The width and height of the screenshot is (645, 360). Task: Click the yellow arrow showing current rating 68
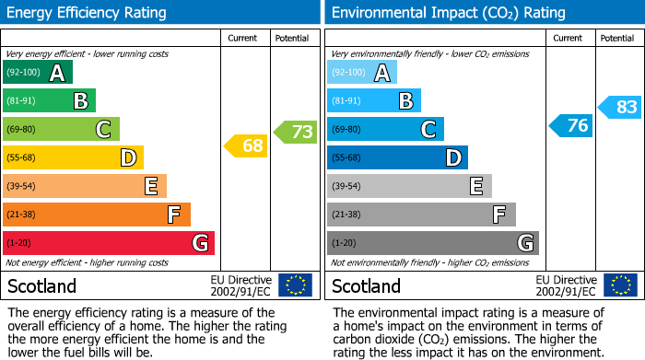246,145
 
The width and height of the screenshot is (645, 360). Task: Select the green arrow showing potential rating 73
296,132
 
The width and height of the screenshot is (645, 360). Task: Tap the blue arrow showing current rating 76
570,125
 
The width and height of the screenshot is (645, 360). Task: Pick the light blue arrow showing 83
620,107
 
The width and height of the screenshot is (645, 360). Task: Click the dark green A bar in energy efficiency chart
38,72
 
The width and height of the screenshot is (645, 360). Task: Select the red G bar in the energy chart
109,243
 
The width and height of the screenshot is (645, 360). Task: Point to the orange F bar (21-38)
97,215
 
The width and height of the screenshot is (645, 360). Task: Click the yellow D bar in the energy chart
73,157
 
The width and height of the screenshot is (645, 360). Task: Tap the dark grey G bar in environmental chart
432,243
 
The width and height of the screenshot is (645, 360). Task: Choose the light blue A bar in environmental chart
362,72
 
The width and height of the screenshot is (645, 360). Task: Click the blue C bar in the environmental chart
385,129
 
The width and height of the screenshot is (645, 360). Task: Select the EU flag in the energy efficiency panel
295,285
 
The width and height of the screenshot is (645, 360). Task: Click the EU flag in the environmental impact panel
621,285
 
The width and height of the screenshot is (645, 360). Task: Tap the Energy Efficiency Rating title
87,13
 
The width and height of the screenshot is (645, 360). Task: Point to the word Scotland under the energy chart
42,285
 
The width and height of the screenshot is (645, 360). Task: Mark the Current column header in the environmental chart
569,38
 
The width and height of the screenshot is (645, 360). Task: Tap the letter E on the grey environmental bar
475,186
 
